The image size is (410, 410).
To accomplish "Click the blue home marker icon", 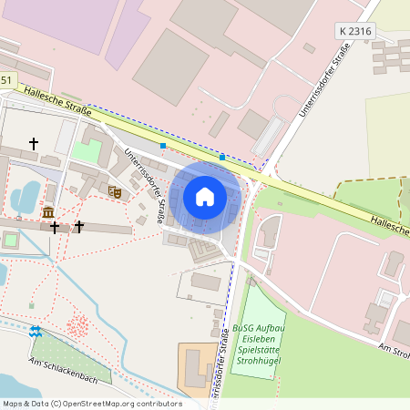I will tap(205, 196).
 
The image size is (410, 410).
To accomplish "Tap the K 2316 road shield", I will tap(355, 31).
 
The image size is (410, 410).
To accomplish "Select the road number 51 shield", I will tap(7, 81).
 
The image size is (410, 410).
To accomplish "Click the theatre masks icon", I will tap(115, 191).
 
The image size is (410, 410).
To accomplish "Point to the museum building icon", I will tap(47, 212).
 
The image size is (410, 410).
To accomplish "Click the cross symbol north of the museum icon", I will tap(35, 144).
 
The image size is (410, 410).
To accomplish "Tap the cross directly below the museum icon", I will tap(55, 227).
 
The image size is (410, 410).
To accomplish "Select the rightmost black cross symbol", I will tap(79, 226).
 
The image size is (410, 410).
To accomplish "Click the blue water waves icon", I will tap(35, 332).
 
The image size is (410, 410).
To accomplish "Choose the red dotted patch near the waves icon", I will tap(79, 325).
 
